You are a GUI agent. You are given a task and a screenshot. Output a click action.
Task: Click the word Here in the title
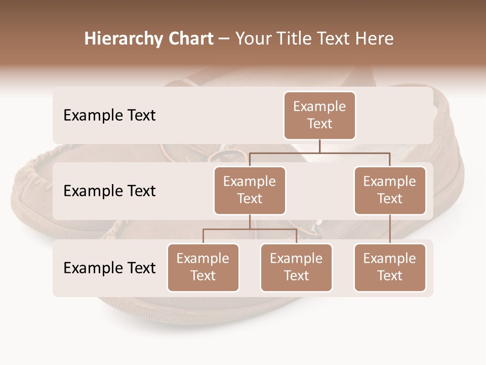click(x=375, y=39)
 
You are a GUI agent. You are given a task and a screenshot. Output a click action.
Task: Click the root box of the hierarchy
click(x=319, y=115)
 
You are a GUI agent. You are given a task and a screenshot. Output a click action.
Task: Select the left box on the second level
click(x=250, y=190)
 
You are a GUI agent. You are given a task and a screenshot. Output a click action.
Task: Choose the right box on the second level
click(x=390, y=190)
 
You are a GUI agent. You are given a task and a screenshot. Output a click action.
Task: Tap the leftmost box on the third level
click(x=203, y=267)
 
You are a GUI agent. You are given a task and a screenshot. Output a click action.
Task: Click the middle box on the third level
click(x=296, y=267)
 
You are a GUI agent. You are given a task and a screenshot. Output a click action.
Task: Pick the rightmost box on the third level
click(x=390, y=267)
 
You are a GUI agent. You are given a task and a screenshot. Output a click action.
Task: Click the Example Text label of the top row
click(x=109, y=115)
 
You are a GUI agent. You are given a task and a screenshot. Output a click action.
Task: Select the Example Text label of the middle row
click(x=109, y=191)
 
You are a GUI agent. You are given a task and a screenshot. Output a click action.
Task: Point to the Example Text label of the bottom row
click(x=109, y=268)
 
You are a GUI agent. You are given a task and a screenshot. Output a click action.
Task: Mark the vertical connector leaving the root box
click(x=319, y=146)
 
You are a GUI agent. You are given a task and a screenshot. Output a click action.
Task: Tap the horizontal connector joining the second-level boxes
click(x=319, y=153)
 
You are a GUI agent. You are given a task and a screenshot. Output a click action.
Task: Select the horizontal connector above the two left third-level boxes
click(x=250, y=229)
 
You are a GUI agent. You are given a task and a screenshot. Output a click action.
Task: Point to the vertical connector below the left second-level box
click(x=250, y=222)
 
